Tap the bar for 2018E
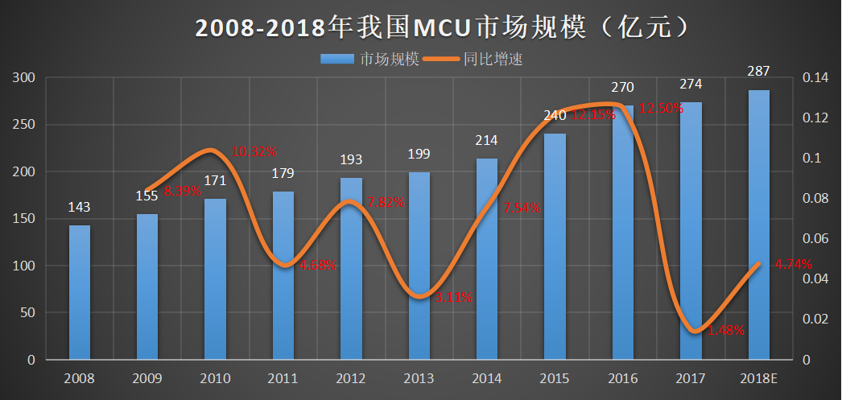[758, 225]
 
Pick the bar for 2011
[283, 275]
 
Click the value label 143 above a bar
[79, 207]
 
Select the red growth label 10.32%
[254, 151]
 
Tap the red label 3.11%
[453, 298]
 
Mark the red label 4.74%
[793, 263]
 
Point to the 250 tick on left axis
[26, 125]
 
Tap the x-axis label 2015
[554, 377]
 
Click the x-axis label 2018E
[758, 377]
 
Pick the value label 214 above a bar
[486, 140]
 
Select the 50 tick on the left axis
[29, 312]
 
